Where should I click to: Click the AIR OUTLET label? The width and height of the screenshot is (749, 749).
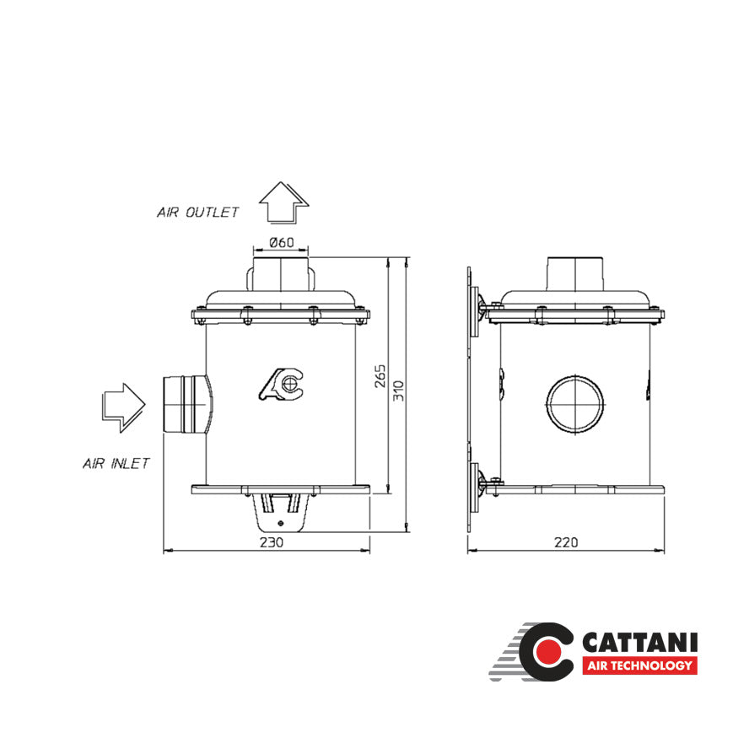[x=197, y=213]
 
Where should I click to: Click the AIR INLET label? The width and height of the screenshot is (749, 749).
[x=116, y=463]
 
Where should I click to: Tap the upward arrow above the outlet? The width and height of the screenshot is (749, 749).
[x=283, y=202]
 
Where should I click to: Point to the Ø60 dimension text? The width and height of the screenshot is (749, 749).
[x=281, y=243]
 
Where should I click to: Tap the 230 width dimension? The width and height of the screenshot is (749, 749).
[x=271, y=542]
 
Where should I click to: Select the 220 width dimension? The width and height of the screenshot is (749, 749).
[x=567, y=542]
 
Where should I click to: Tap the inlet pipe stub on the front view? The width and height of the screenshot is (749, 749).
[x=184, y=403]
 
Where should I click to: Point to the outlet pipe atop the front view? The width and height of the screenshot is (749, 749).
[x=281, y=274]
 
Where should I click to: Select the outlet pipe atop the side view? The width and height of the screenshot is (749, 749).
[x=575, y=274]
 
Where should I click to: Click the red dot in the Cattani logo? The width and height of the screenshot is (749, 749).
[x=548, y=653]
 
